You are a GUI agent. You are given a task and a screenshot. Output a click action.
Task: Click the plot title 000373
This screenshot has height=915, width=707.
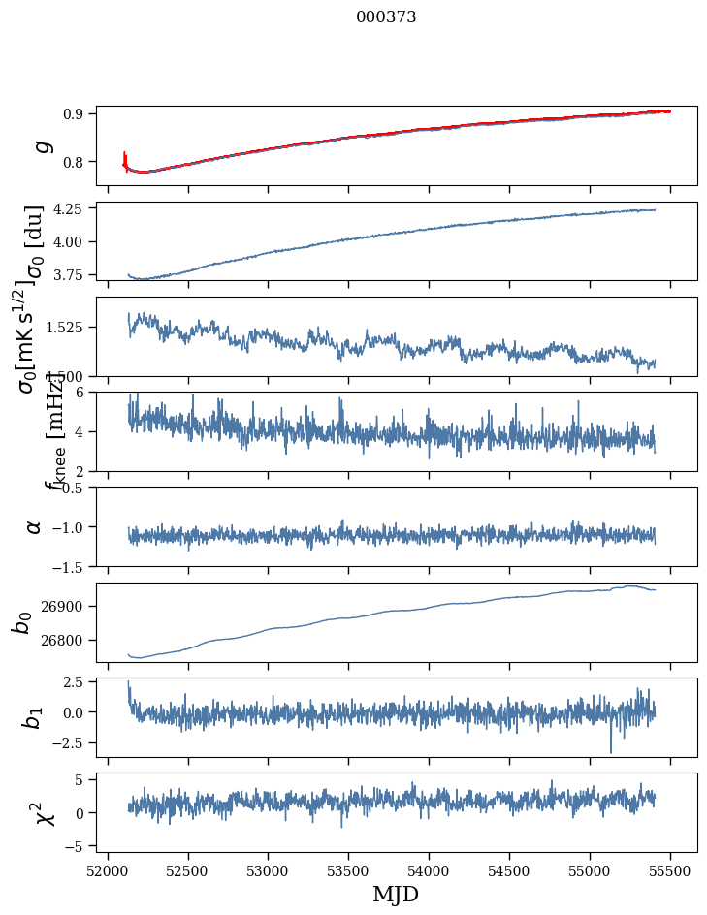point(386,17)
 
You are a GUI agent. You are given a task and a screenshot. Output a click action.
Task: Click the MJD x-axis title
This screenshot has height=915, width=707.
point(396,894)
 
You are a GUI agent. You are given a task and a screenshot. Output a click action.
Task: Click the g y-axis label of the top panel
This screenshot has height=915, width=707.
point(42,145)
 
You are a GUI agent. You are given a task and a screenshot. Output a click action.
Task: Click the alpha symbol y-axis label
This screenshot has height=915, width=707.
point(35,526)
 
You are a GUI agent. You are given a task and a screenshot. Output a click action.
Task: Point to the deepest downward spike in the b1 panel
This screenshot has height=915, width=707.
point(611,751)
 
